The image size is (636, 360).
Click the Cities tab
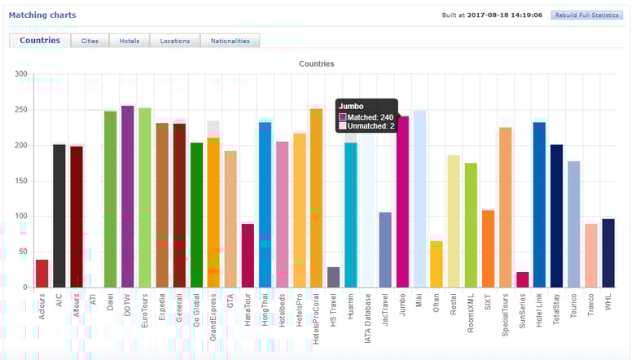[90, 41]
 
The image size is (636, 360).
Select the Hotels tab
[129, 41]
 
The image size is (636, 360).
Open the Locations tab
[175, 41]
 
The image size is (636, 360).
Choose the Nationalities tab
[230, 41]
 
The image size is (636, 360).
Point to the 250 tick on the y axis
[21, 110]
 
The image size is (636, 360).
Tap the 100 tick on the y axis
[21, 217]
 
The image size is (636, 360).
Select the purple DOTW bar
[128, 195]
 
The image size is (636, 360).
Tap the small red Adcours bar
[42, 274]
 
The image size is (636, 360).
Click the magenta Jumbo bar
[402, 204]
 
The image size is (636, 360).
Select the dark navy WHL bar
[608, 253]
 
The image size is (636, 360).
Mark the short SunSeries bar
[523, 279]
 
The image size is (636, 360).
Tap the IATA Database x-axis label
[369, 322]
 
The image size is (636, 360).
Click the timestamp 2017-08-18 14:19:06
[505, 15]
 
